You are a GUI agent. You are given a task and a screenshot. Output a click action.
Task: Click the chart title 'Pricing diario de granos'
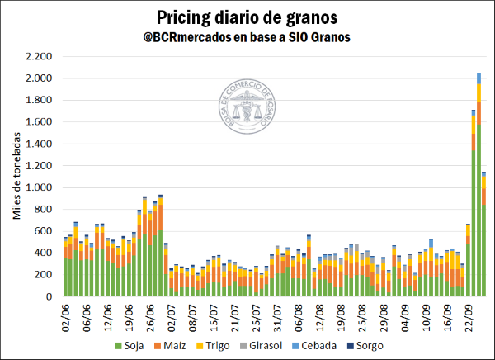(x=247, y=16)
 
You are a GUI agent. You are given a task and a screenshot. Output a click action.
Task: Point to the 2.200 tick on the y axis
(x=40, y=57)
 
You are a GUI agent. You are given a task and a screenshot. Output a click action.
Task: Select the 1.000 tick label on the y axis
(x=40, y=187)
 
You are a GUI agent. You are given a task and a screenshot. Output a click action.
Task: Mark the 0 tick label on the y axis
(x=50, y=296)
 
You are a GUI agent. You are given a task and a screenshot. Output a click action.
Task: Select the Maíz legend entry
(x=195, y=346)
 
